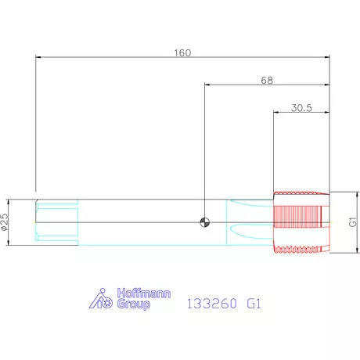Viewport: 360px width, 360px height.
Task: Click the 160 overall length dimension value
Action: coord(182,53)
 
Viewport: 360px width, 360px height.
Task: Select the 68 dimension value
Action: coord(267,81)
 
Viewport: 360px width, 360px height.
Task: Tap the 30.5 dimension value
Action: coord(301,108)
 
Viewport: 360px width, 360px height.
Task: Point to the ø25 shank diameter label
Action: coord(5,222)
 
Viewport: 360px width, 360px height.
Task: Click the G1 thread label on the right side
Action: coord(353,222)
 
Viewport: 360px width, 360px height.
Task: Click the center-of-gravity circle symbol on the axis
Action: coord(204,222)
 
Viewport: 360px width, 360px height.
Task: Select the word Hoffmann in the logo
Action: coord(144,293)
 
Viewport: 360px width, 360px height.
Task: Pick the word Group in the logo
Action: coord(134,304)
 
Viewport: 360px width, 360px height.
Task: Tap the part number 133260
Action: coord(212,304)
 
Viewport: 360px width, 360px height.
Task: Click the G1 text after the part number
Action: coord(254,304)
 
